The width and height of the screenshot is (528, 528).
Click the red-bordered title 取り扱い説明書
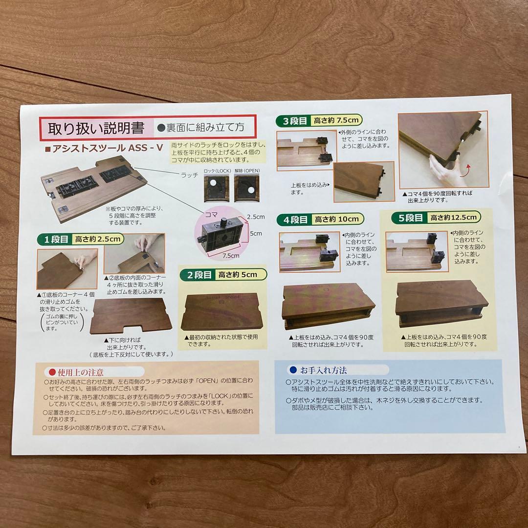pyautogui.click(x=96, y=129)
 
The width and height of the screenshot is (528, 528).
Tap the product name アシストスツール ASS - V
pyautogui.click(x=104, y=149)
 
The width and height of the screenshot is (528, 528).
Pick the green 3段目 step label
pyautogui.click(x=292, y=120)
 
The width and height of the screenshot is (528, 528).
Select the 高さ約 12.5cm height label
pyautogui.click(x=453, y=217)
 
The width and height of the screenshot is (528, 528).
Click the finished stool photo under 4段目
pyautogui.click(x=329, y=307)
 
